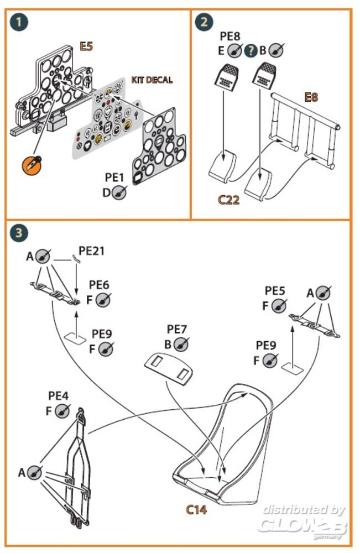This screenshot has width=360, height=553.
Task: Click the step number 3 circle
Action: click(20, 233)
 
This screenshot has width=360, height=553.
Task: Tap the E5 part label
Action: click(86, 47)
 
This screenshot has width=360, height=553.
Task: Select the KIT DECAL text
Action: click(152, 80)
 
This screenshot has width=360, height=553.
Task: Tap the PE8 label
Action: click(230, 36)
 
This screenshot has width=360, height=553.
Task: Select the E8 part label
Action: click(312, 98)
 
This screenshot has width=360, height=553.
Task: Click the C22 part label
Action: click(228, 200)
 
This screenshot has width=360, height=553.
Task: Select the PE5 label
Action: click(275, 291)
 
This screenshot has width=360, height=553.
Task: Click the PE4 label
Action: click(59, 396)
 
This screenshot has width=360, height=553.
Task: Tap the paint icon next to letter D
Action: click(120, 192)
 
